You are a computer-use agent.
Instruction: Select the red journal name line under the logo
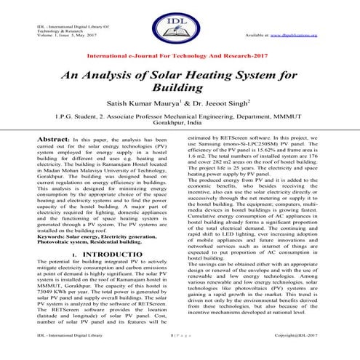click(180, 55)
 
